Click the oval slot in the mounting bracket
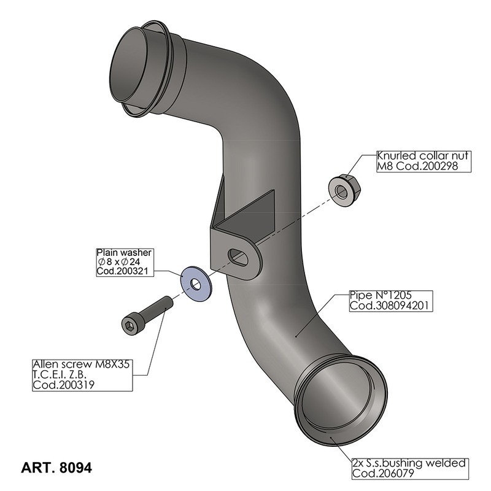click(239, 257)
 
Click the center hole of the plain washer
click(195, 283)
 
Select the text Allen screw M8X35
click(81, 364)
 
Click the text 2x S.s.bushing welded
click(409, 464)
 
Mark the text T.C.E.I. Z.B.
click(65, 374)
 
